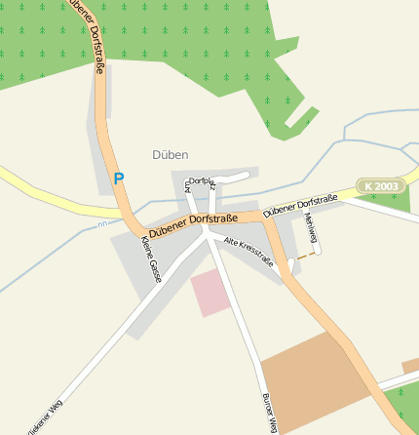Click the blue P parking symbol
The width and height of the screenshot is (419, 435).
[119, 178]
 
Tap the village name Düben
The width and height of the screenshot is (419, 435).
[171, 154]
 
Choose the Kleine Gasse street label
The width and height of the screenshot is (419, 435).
[151, 259]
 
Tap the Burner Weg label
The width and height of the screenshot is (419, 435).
[270, 413]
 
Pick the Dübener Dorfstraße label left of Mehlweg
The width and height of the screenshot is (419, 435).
[300, 205]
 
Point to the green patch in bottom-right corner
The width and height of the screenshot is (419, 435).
[404, 410]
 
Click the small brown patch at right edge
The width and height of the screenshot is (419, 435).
[411, 365]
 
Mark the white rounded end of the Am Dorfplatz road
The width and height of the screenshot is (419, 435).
[246, 175]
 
